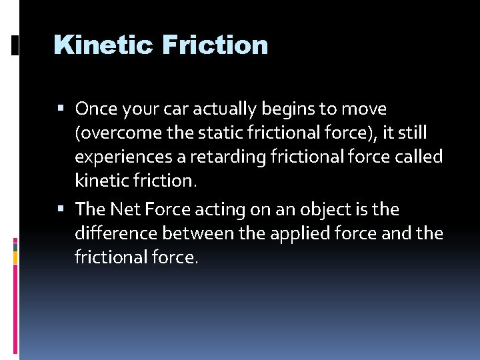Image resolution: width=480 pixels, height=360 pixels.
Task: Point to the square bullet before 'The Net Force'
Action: point(61,210)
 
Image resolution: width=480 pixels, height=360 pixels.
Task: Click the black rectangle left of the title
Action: point(15,45)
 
